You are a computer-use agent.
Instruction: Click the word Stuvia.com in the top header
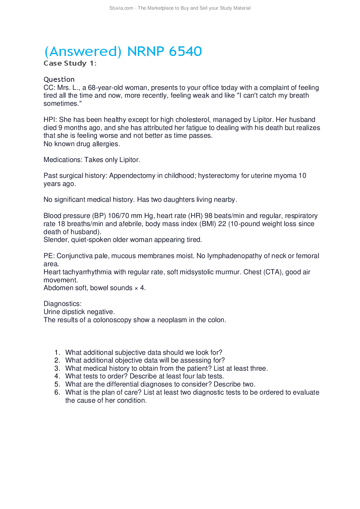tap(121, 8)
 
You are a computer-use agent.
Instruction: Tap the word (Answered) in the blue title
tap(83, 51)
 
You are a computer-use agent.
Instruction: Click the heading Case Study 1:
tap(70, 63)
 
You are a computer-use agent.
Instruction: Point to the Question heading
tap(59, 79)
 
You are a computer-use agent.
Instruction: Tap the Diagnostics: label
tap(62, 304)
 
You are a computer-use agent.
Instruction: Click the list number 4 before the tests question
tap(57, 377)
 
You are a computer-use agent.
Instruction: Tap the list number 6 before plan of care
tap(57, 392)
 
